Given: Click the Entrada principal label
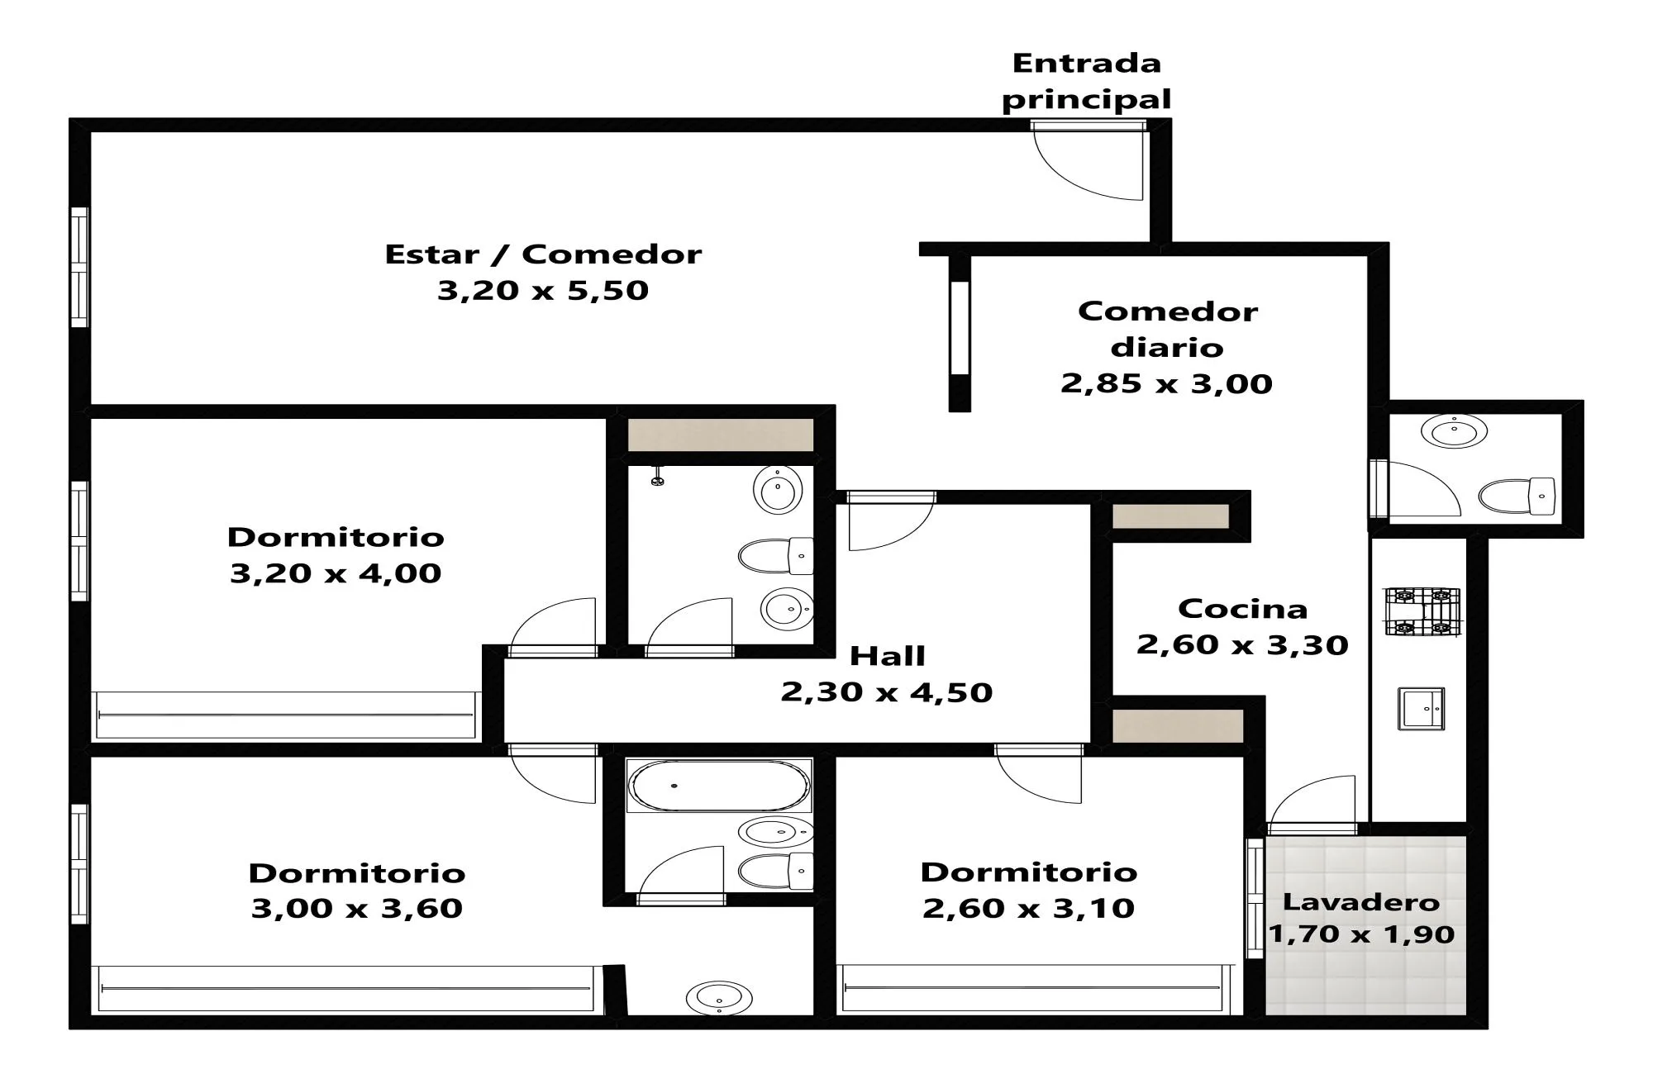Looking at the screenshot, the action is tap(1087, 81).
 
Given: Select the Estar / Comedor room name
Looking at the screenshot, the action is tap(543, 254).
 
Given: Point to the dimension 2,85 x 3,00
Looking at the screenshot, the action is tap(1166, 383).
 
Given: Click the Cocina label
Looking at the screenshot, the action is tap(1242, 609).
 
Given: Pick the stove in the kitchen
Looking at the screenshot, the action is tap(1422, 611).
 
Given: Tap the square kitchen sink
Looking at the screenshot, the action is tap(1422, 709).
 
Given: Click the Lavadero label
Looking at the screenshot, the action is tap(1361, 902).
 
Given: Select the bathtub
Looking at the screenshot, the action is tap(719, 785).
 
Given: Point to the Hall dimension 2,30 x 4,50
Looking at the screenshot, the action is tap(887, 692).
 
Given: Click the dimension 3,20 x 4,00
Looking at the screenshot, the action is tap(336, 573).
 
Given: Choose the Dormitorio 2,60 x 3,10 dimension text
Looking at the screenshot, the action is tap(1028, 909).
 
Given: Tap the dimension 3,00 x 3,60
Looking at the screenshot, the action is tap(356, 909).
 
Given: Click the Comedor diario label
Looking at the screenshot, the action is tap(1167, 329).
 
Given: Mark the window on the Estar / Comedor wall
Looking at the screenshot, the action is tap(79, 267).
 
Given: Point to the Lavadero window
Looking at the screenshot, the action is tap(1255, 899).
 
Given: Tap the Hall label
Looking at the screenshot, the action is tap(887, 656).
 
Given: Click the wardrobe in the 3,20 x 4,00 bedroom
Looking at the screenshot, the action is tap(286, 715).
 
